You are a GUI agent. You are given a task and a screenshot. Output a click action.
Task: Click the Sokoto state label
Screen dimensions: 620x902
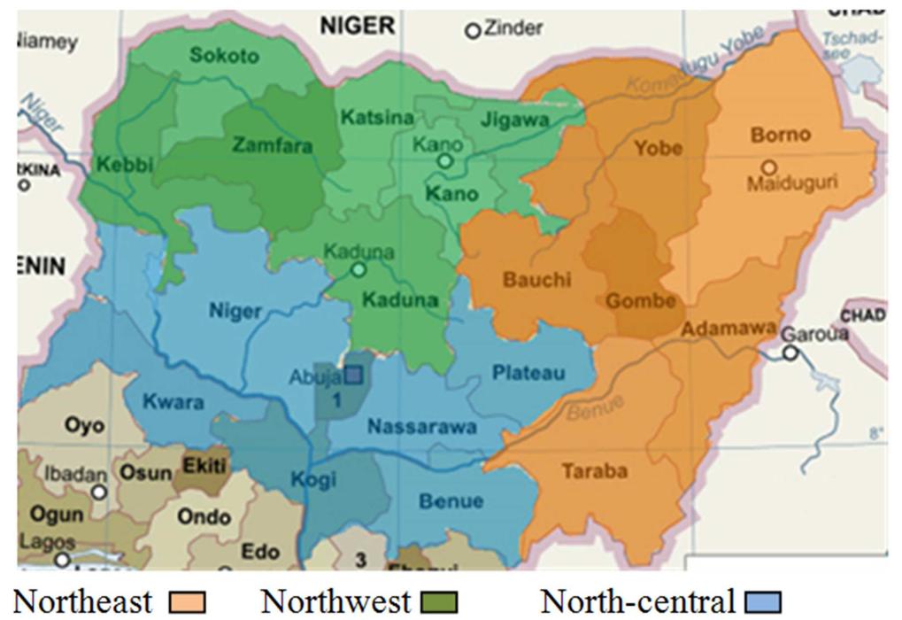(x=225, y=56)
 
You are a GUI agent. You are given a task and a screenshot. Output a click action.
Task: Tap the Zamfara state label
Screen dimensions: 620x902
(x=272, y=145)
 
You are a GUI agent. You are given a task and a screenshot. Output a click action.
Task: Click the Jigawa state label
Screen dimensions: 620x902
(x=513, y=120)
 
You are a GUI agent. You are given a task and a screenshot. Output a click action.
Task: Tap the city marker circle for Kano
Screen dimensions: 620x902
(x=445, y=161)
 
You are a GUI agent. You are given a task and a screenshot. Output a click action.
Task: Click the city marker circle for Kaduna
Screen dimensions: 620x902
(x=358, y=269)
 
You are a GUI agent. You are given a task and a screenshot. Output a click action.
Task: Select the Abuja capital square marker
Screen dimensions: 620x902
(x=353, y=376)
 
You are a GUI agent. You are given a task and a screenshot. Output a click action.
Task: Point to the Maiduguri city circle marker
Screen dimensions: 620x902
(x=769, y=167)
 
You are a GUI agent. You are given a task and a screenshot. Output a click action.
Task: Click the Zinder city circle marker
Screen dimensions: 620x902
(x=473, y=31)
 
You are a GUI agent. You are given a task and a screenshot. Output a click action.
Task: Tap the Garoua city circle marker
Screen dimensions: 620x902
(x=790, y=353)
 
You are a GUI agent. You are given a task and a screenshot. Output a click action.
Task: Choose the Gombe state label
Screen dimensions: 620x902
(x=641, y=301)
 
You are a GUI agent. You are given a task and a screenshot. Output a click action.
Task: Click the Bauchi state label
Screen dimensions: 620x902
(x=537, y=280)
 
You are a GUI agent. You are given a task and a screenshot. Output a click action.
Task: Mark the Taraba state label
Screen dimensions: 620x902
(x=594, y=471)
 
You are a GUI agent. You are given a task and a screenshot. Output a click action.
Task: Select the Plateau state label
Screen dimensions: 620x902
(x=528, y=373)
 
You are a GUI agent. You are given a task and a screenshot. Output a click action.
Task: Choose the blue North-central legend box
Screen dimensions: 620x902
(x=766, y=604)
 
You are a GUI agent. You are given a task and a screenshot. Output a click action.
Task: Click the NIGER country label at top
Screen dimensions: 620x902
(x=358, y=27)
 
